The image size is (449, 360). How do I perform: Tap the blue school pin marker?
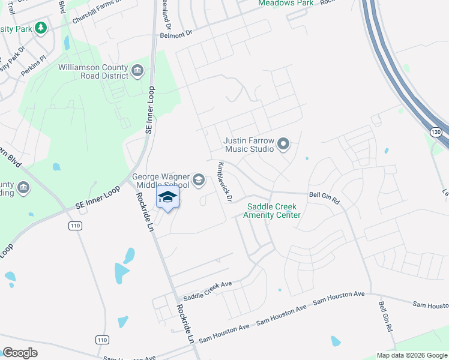168,198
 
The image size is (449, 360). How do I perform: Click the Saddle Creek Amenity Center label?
273,211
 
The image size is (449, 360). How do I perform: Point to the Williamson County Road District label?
93,71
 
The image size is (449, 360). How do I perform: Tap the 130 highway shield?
436,131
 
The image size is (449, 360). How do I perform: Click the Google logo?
20,353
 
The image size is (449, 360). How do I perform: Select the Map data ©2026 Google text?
411,355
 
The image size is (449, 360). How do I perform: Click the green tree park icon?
41,28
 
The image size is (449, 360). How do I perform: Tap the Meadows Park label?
286,4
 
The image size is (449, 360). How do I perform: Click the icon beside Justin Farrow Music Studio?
283,144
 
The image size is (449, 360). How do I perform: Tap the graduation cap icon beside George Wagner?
198,178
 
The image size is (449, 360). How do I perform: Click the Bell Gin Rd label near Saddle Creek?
324,197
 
